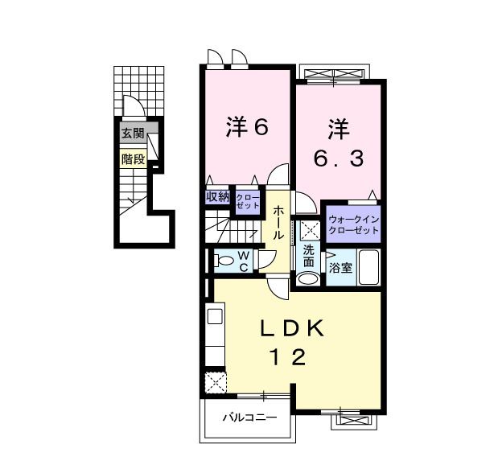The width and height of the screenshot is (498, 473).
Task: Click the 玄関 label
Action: pyautogui.click(x=133, y=134)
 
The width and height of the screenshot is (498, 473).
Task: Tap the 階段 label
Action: pyautogui.click(x=133, y=158)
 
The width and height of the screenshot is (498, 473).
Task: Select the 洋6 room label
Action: pyautogui.click(x=245, y=127)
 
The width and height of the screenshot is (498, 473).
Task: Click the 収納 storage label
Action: pyautogui.click(x=217, y=196)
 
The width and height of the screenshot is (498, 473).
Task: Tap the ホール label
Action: pyautogui.click(x=278, y=222)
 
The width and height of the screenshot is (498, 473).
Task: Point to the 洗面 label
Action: pyautogui.click(x=309, y=255)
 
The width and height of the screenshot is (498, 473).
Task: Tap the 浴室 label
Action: pyautogui.click(x=340, y=268)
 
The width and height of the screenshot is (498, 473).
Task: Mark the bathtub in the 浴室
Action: pyautogui.click(x=368, y=266)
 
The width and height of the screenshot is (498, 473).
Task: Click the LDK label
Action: pyautogui.click(x=291, y=329)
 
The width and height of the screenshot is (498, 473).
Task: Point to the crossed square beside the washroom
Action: pyautogui.click(x=306, y=230)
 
